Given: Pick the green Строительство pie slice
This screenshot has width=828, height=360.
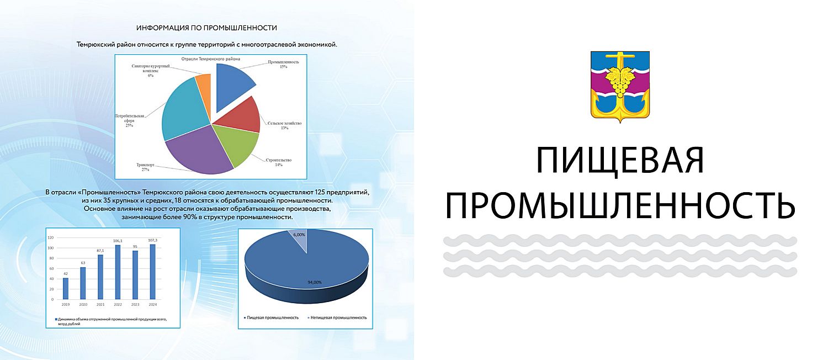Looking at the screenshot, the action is [x=238, y=145].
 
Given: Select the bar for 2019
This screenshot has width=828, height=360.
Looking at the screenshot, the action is [x=66, y=288].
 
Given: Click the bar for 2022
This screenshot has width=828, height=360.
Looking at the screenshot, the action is [x=118, y=272].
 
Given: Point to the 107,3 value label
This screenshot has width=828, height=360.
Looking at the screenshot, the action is [x=153, y=240].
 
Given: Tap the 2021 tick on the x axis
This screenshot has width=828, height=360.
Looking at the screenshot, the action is [x=100, y=305].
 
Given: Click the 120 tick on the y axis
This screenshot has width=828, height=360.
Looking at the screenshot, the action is [x=51, y=237].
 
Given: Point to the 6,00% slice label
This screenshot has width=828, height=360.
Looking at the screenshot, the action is [x=299, y=235].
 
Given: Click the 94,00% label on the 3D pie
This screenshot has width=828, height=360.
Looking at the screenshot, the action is [x=315, y=282].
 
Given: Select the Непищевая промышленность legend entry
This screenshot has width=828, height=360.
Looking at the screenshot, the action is [x=337, y=317].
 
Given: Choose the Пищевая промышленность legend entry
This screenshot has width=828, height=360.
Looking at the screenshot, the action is [x=271, y=317].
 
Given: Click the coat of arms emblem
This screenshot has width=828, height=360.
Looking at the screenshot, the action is [x=620, y=87].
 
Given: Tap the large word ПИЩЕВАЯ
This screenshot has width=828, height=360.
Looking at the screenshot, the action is [x=620, y=161].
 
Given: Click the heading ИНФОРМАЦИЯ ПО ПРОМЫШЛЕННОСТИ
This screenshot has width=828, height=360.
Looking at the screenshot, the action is [x=206, y=28].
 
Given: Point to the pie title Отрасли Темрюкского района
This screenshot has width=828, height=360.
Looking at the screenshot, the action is [x=211, y=59].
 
